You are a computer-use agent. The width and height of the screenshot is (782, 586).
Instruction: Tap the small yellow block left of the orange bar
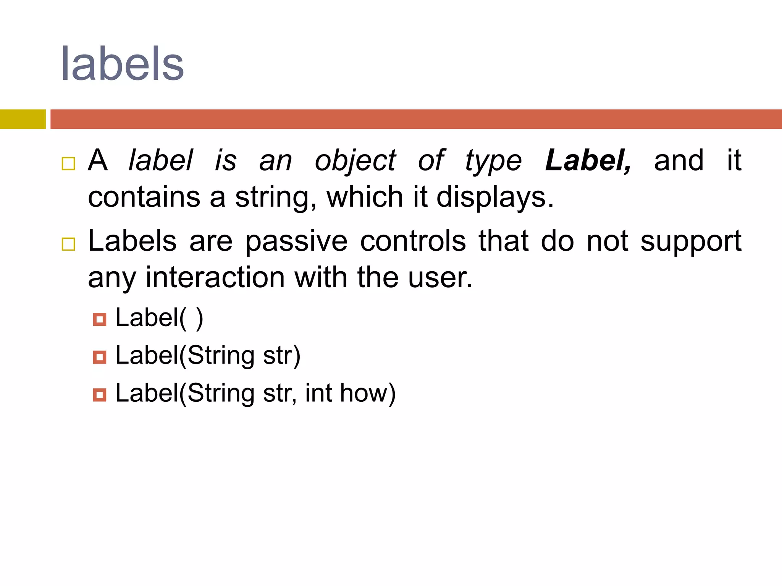click(x=23, y=119)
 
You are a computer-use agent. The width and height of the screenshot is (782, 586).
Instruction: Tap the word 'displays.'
click(x=495, y=198)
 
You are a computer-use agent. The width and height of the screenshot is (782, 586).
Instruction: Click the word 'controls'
click(x=413, y=241)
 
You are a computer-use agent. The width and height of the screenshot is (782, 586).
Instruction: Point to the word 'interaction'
click(x=215, y=277)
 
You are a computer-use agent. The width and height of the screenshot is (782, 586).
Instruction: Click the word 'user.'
click(x=440, y=277)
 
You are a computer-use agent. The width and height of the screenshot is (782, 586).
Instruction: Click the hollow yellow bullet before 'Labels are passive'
click(x=68, y=244)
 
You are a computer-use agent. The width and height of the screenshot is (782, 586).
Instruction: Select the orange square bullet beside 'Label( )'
click(x=100, y=319)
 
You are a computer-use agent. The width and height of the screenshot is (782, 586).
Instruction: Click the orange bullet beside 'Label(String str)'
click(x=100, y=357)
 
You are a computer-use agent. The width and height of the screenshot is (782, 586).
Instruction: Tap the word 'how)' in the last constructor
click(x=368, y=393)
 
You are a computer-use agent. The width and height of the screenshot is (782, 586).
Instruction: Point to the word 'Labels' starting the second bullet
click(x=132, y=241)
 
